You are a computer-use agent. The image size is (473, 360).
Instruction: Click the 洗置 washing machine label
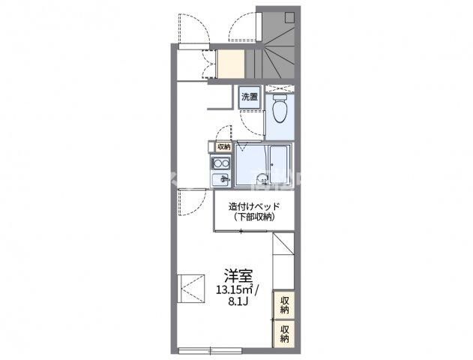(250, 97)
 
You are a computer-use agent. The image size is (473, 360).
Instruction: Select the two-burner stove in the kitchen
(220, 163)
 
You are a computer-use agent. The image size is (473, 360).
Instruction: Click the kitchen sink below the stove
(220, 180)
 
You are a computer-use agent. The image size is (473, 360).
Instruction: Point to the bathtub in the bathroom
(278, 165)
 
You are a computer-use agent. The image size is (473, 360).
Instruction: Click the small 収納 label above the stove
(223, 147)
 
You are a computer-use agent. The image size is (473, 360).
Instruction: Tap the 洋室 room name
(238, 275)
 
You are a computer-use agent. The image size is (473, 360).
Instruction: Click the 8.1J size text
(238, 301)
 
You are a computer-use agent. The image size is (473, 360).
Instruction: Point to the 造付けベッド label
(254, 207)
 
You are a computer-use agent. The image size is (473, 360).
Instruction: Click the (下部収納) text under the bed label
(253, 217)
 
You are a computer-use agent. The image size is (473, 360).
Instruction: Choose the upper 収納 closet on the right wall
(283, 305)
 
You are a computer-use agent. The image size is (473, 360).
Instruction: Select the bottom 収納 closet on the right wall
(283, 334)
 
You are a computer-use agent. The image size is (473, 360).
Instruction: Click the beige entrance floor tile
(231, 64)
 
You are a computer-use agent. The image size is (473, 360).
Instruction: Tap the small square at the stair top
(290, 17)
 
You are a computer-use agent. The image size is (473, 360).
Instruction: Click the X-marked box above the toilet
(280, 88)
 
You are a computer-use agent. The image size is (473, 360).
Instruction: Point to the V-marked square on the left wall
(191, 288)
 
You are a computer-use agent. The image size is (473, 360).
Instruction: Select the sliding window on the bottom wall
(210, 350)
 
